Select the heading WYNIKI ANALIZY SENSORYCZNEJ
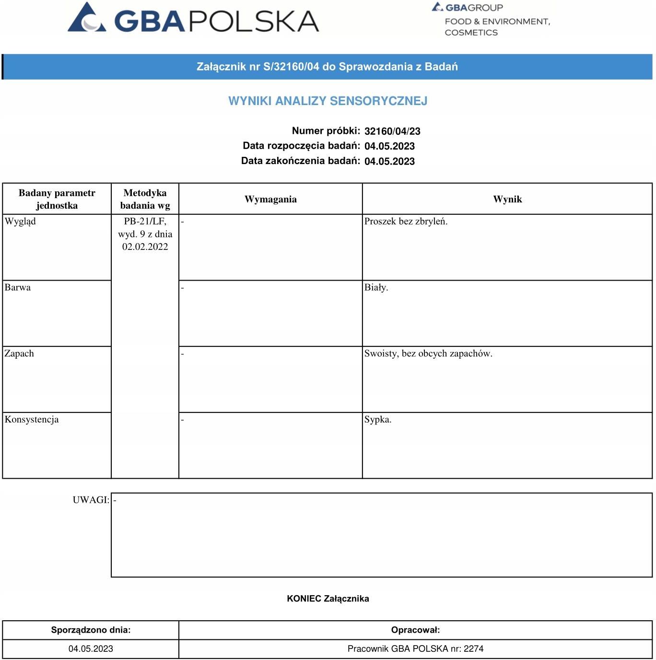point(328,101)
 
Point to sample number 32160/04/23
point(392,131)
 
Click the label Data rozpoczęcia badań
point(301,146)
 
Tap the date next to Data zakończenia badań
point(389,161)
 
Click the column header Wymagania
point(270,199)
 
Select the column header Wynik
point(507,199)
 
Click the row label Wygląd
point(20,222)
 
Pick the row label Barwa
point(18,288)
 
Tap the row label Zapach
point(19,354)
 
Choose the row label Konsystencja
point(32,420)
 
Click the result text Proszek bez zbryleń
point(406,222)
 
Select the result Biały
point(376,288)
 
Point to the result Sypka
point(378,420)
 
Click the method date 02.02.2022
point(145,247)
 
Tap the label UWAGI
point(91,500)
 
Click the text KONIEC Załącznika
point(328,599)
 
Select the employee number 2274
point(474,649)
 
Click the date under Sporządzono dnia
point(91,649)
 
